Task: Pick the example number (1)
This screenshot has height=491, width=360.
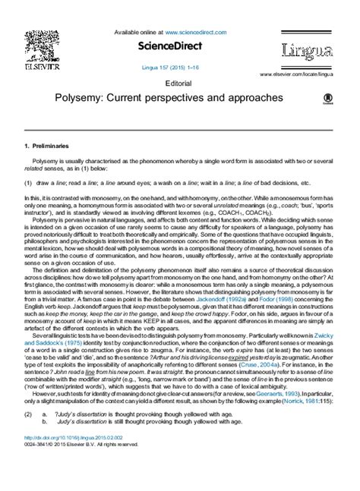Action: point(28,183)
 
